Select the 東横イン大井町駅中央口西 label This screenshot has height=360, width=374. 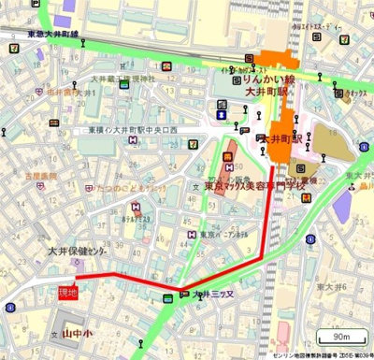point(145,128)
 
